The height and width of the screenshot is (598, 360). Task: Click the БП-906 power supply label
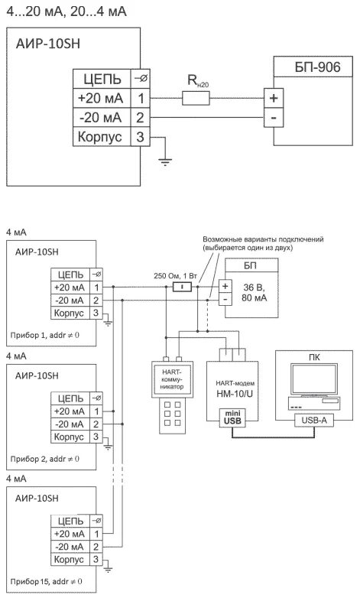(x=317, y=67)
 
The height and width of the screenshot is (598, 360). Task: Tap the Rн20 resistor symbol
(x=196, y=98)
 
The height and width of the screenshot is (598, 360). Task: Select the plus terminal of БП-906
(x=274, y=98)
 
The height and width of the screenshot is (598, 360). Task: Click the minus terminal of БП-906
(x=274, y=118)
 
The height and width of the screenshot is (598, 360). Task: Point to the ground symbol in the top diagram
(x=165, y=162)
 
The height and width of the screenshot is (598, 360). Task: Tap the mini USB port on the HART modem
(x=232, y=418)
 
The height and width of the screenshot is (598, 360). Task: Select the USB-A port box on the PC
(x=314, y=421)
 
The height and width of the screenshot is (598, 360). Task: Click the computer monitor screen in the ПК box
(x=314, y=379)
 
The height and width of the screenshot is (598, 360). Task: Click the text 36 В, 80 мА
(x=255, y=292)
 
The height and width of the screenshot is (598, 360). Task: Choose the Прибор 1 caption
(x=45, y=335)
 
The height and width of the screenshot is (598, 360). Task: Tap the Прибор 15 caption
(x=46, y=582)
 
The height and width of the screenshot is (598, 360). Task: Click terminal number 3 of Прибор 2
(x=96, y=437)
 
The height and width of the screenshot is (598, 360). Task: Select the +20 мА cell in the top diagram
(x=102, y=98)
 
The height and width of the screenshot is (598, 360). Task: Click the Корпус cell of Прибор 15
(x=70, y=560)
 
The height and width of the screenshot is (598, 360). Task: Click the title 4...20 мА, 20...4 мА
(x=66, y=11)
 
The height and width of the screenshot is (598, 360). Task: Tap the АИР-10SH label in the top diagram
(x=48, y=44)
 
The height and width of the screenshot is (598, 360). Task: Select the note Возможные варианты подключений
(x=263, y=239)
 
